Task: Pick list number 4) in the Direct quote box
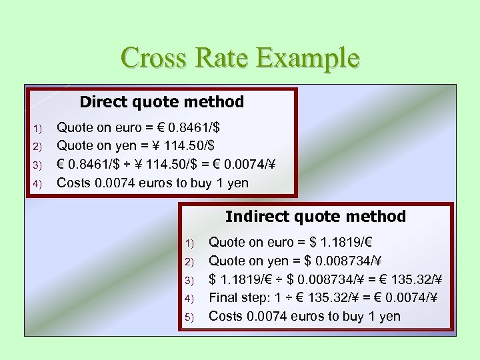(37, 184)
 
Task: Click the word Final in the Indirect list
(225, 297)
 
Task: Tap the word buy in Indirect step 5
(350, 316)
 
